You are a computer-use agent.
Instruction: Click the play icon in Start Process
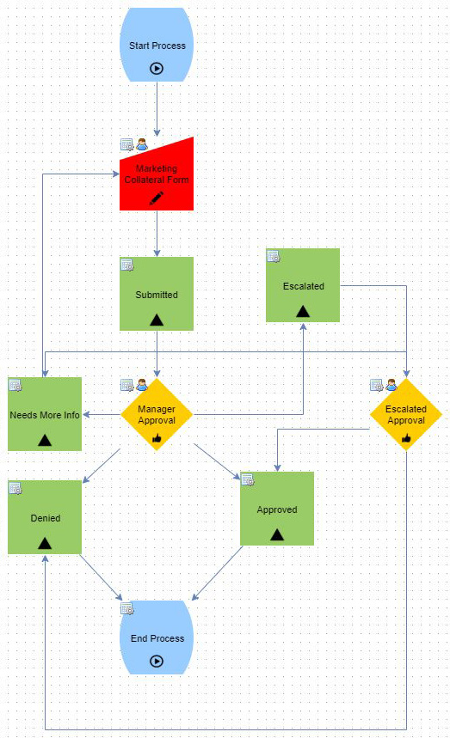coord(157,69)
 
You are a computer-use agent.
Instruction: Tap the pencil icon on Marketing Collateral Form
coord(157,198)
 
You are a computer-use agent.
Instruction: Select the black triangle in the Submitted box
coord(157,320)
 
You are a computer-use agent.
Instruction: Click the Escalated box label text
coord(304,286)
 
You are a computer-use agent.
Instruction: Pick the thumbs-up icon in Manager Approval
coord(157,438)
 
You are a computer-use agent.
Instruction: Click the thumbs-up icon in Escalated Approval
coord(406,438)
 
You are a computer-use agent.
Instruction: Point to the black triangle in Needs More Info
coord(45,440)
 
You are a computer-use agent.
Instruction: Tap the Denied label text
coord(46,518)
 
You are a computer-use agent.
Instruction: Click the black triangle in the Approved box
coord(277,534)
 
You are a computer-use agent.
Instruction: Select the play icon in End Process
coord(157,662)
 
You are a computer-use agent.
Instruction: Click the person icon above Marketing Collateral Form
coord(142,144)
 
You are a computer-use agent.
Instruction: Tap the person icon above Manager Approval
coord(142,385)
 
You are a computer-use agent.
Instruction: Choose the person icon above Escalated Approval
coord(391,385)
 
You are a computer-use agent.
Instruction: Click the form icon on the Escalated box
coord(274,256)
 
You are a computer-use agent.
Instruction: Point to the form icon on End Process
coord(127,608)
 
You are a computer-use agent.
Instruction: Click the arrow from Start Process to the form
coord(157,109)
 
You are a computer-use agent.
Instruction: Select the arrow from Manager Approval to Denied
coord(102,466)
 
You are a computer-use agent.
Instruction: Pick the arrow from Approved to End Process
coord(217,573)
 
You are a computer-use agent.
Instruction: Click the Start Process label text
coord(157,46)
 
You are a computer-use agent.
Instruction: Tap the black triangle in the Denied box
coord(45,543)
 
